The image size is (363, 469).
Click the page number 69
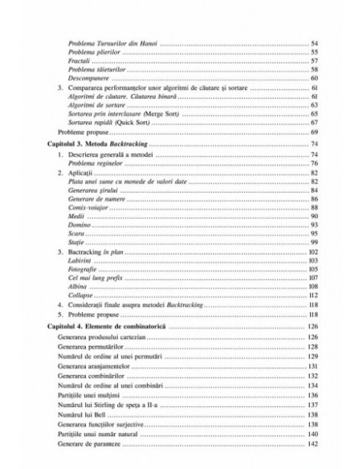point(314,132)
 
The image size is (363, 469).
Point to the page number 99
point(314,243)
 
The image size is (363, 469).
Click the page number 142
point(313,444)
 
